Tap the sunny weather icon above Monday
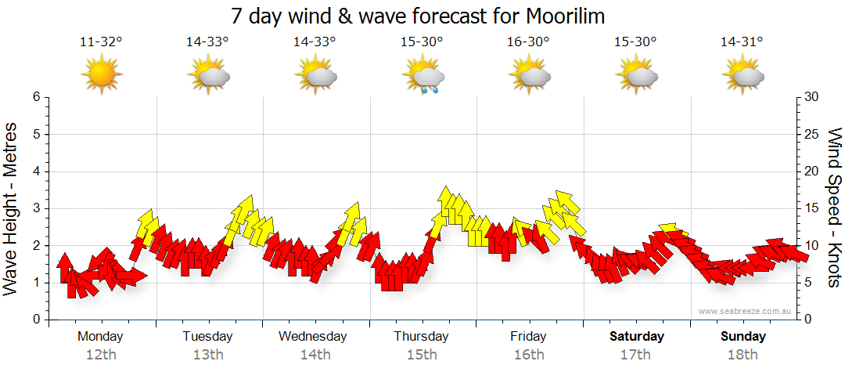click(101, 76)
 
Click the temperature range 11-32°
click(101, 42)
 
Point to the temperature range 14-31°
click(743, 42)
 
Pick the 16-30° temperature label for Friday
click(528, 42)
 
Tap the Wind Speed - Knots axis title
click(834, 208)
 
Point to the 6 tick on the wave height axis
click(35, 97)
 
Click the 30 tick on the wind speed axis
click(812, 97)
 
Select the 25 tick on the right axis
click(812, 134)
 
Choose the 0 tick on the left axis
click(35, 320)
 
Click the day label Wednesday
click(313, 337)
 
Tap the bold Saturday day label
click(637, 337)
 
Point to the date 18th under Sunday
click(743, 355)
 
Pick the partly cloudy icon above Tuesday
click(208, 77)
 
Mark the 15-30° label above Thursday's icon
click(422, 42)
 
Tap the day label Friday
click(529, 337)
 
